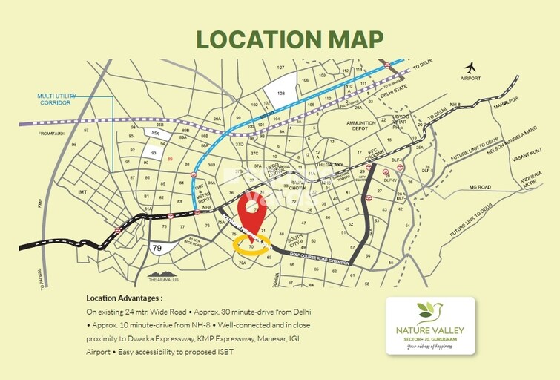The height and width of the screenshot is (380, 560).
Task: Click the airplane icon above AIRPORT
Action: [x=470, y=68]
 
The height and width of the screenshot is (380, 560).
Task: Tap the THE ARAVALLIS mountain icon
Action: [x=162, y=270]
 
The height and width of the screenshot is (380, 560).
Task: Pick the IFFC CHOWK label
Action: [x=372, y=154]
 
